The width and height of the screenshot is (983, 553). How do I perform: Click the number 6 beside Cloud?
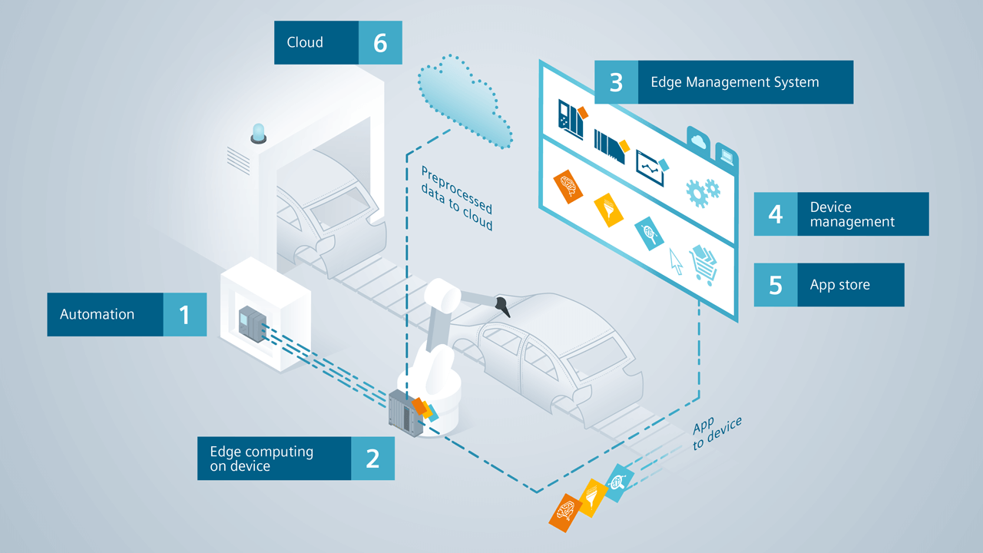click(x=380, y=43)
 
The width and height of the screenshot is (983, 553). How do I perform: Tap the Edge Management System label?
click(x=734, y=82)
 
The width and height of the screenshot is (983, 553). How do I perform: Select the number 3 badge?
click(x=616, y=82)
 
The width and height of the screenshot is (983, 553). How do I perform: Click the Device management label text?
click(x=852, y=214)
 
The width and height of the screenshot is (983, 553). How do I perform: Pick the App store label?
click(x=839, y=285)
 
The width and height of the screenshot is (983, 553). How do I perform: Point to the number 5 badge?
click(x=776, y=285)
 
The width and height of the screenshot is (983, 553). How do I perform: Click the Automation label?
click(x=98, y=314)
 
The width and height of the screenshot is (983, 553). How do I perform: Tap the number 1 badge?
click(x=184, y=314)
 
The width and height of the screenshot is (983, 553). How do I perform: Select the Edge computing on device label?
click(x=261, y=459)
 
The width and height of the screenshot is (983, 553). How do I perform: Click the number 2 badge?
click(x=372, y=459)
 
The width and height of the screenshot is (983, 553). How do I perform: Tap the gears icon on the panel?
click(x=702, y=191)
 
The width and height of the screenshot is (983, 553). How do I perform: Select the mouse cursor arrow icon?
click(x=676, y=260)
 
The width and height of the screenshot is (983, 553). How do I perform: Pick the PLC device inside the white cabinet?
click(x=250, y=321)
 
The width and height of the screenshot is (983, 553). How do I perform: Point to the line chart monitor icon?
click(x=651, y=165)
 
